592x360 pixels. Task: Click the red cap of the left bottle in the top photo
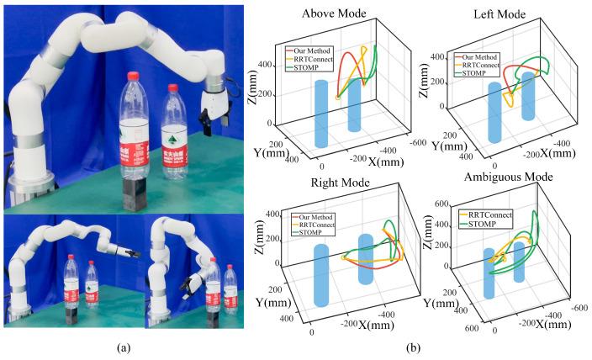pyautogui.click(x=131, y=77)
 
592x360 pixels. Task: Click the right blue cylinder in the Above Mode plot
pyautogui.click(x=354, y=106)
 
